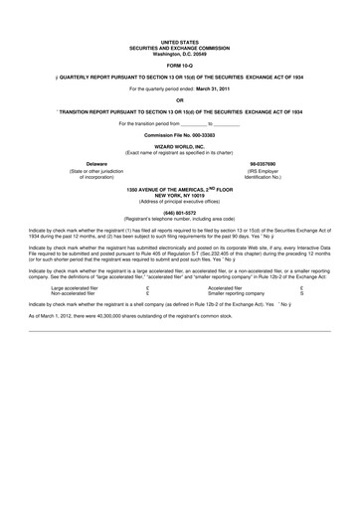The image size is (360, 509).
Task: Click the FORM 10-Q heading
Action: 179,68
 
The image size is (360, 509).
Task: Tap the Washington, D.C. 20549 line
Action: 179,53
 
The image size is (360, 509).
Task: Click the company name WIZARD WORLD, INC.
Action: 179,146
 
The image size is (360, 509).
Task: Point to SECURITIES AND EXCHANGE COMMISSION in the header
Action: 179,48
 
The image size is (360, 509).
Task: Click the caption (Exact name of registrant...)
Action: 179,152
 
